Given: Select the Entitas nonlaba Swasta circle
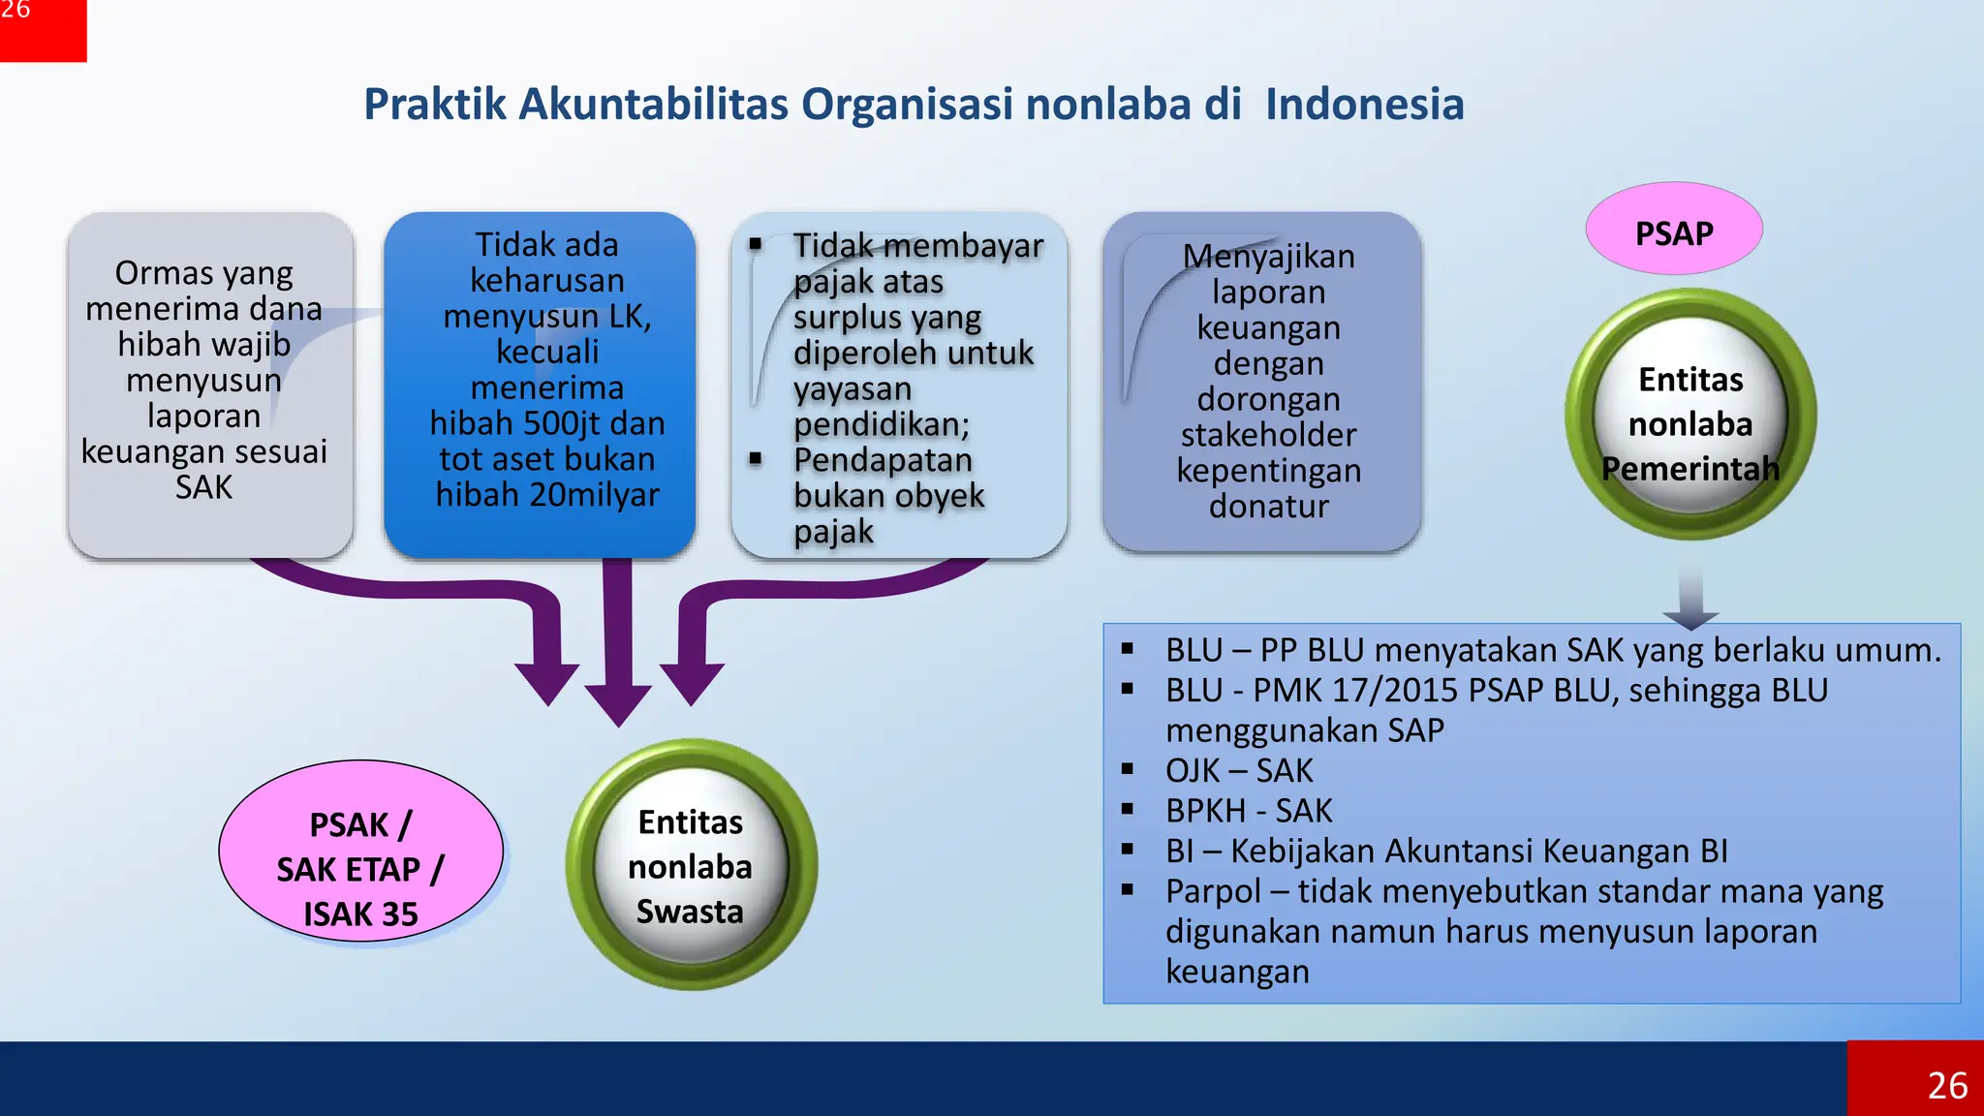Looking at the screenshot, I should (691, 865).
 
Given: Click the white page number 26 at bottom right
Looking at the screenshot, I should (1947, 1085).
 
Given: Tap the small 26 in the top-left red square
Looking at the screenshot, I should (15, 11).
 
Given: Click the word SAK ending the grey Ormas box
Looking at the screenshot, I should (203, 487).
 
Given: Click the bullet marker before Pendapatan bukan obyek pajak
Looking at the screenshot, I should (756, 458).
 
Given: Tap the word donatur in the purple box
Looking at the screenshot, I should (1268, 506).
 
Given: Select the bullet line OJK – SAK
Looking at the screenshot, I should (1239, 770).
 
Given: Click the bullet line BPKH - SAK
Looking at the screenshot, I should (1249, 810).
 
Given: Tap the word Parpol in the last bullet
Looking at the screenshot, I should (1212, 890).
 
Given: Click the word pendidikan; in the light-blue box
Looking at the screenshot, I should (881, 424).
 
